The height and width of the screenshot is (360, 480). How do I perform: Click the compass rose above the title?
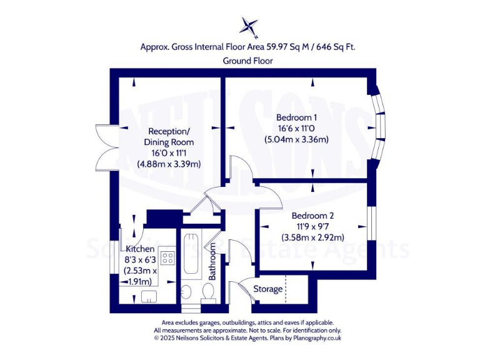tap(249, 26)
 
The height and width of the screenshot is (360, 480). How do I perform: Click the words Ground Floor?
tap(247, 61)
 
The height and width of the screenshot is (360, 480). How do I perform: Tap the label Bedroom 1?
tap(297, 117)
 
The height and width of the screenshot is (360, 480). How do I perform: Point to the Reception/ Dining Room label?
tap(168, 137)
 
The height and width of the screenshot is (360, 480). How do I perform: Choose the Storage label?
tap(267, 289)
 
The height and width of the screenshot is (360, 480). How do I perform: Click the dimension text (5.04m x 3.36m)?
tap(297, 139)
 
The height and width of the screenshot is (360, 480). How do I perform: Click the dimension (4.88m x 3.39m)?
tap(169, 164)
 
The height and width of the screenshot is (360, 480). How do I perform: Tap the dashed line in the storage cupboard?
tap(285, 289)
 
